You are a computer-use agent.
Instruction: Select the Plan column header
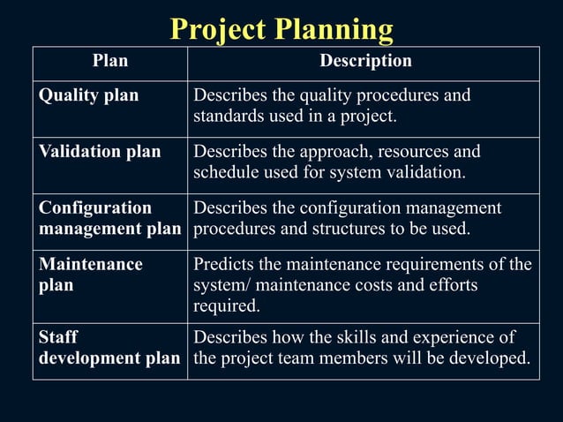(110, 62)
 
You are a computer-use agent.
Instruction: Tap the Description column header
(364, 62)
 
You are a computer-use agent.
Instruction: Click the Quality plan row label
(88, 95)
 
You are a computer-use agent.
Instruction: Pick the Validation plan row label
(100, 152)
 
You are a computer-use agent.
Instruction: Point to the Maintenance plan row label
(90, 275)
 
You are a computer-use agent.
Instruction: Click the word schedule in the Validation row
(225, 172)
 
